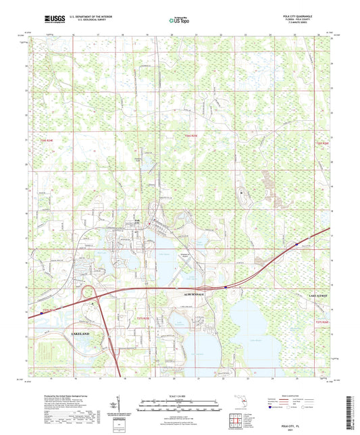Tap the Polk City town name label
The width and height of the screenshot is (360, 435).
pos(138,220)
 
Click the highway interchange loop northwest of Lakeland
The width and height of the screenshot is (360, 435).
pos(88,295)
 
